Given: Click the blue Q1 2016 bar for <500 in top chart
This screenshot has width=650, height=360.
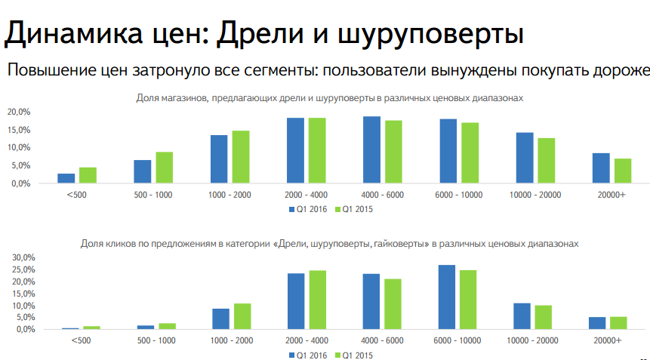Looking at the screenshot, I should (66, 178).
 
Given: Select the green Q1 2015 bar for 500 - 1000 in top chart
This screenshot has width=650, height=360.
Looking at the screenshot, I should (165, 168).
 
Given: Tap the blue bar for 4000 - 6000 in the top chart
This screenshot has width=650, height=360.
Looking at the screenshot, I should (371, 150).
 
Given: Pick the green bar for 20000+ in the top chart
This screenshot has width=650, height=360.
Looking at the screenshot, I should (623, 171).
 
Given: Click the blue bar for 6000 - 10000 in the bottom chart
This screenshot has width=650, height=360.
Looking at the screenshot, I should (447, 297).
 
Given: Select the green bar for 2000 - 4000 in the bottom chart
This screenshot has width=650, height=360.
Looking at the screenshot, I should (318, 300).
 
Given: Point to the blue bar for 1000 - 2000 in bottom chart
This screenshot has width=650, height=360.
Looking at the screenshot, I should (220, 319).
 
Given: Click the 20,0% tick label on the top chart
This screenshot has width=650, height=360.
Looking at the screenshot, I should (18, 112).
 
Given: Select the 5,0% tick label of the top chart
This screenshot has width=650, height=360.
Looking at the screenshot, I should (20, 166).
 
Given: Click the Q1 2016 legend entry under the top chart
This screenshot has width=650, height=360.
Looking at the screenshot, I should (310, 209).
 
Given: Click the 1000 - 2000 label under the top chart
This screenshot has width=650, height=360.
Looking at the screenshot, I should (230, 194).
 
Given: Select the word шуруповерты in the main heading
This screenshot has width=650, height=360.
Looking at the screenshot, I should (429, 35).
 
